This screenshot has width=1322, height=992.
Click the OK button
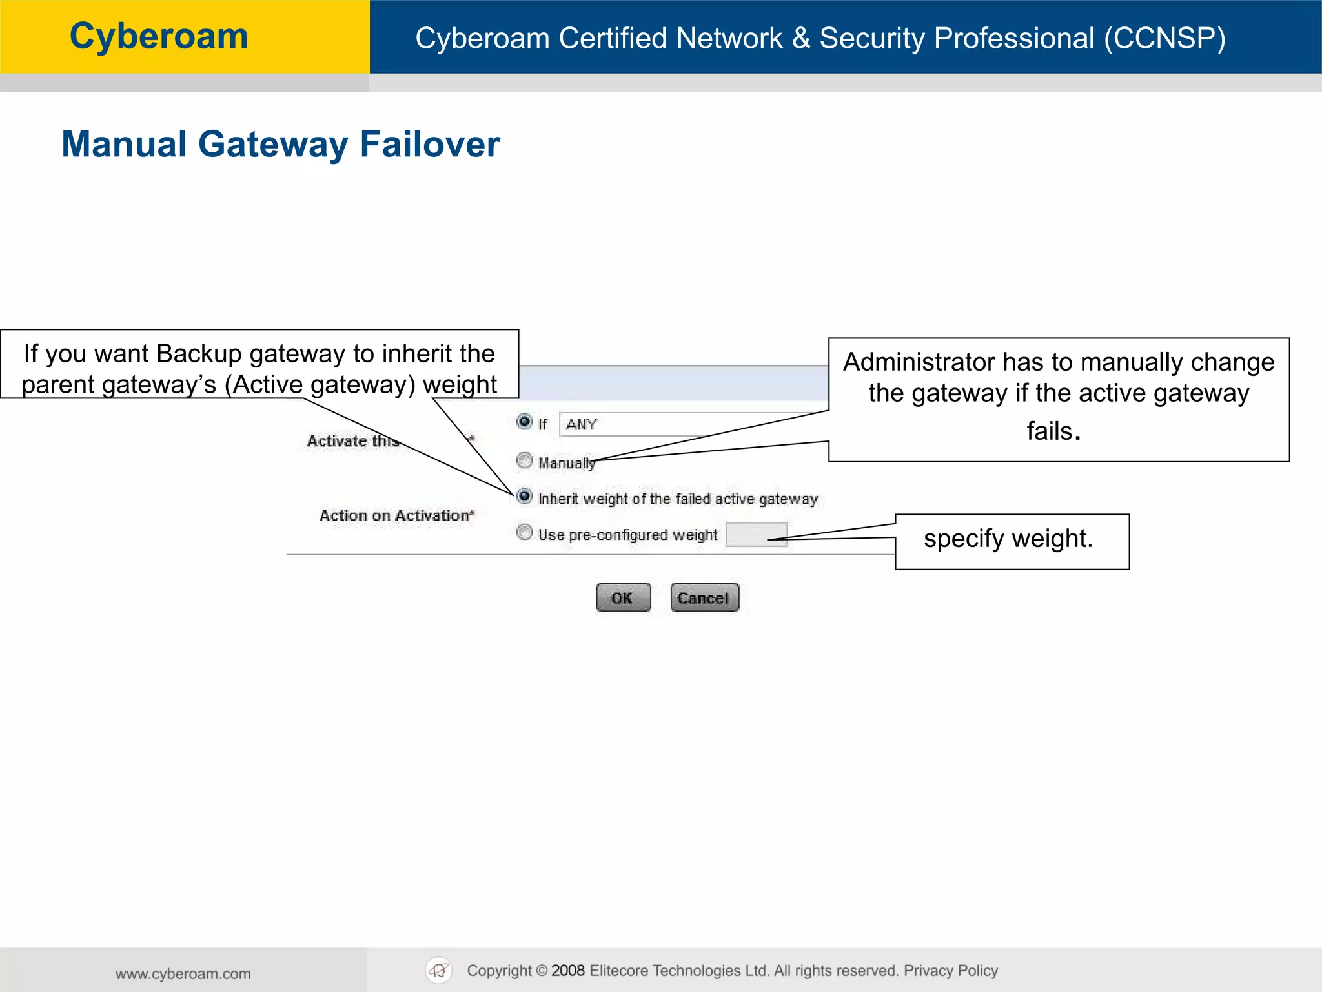(x=623, y=597)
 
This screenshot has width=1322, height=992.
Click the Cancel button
(x=704, y=597)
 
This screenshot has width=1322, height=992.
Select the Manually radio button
(x=525, y=460)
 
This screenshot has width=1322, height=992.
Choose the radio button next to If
(x=525, y=422)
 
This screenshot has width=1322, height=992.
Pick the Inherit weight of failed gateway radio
(x=525, y=497)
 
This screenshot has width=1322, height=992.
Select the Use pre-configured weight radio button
(x=525, y=533)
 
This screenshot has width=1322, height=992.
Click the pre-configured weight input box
(x=756, y=535)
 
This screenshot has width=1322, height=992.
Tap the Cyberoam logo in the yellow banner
(x=159, y=36)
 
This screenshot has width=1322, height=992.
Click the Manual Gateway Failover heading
(x=281, y=144)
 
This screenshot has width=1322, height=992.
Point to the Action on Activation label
(x=396, y=515)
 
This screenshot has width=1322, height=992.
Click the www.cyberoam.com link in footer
(x=183, y=973)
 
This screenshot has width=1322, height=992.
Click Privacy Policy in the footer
(x=950, y=971)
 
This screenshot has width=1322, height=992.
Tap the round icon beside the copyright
(x=439, y=970)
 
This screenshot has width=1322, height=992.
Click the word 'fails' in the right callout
(x=1050, y=431)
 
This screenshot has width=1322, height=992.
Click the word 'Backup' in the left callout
(x=198, y=354)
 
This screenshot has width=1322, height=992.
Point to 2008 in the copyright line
(x=567, y=971)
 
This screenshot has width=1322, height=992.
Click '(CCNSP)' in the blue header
(x=1164, y=38)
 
